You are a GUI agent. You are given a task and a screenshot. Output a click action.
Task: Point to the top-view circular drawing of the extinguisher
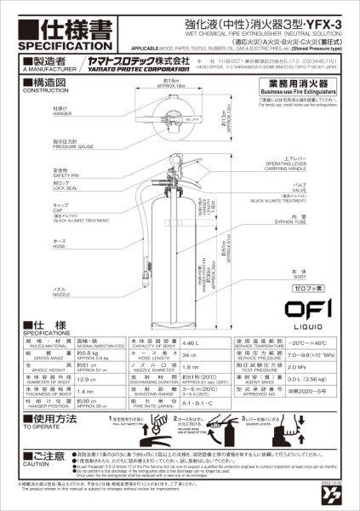[176, 120]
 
